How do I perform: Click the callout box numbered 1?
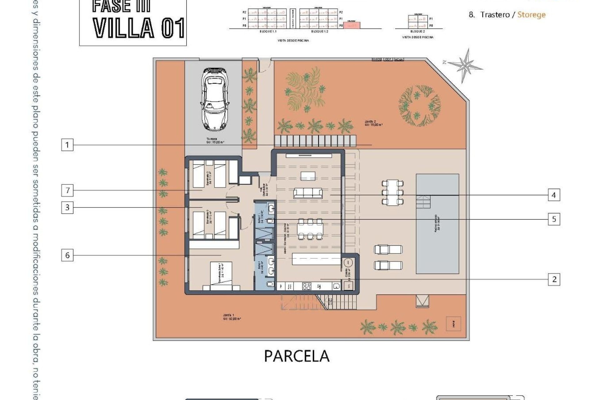(67, 145)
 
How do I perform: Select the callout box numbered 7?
(67, 190)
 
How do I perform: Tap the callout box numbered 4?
(554, 195)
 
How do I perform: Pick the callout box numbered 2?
(554, 279)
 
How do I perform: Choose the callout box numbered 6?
(67, 256)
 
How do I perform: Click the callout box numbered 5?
(554, 219)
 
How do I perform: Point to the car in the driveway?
(215, 99)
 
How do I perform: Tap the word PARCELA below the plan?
(297, 356)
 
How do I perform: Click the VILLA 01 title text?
(139, 28)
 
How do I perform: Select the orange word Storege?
(531, 15)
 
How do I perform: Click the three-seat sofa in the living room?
(308, 193)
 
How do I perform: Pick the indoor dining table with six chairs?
(310, 229)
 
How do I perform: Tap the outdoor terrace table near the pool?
(392, 192)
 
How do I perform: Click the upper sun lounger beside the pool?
(388, 249)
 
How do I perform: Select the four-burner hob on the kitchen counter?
(307, 286)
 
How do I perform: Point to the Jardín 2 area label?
(373, 123)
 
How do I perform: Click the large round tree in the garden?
(419, 106)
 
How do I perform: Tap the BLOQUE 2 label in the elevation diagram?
(417, 32)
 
